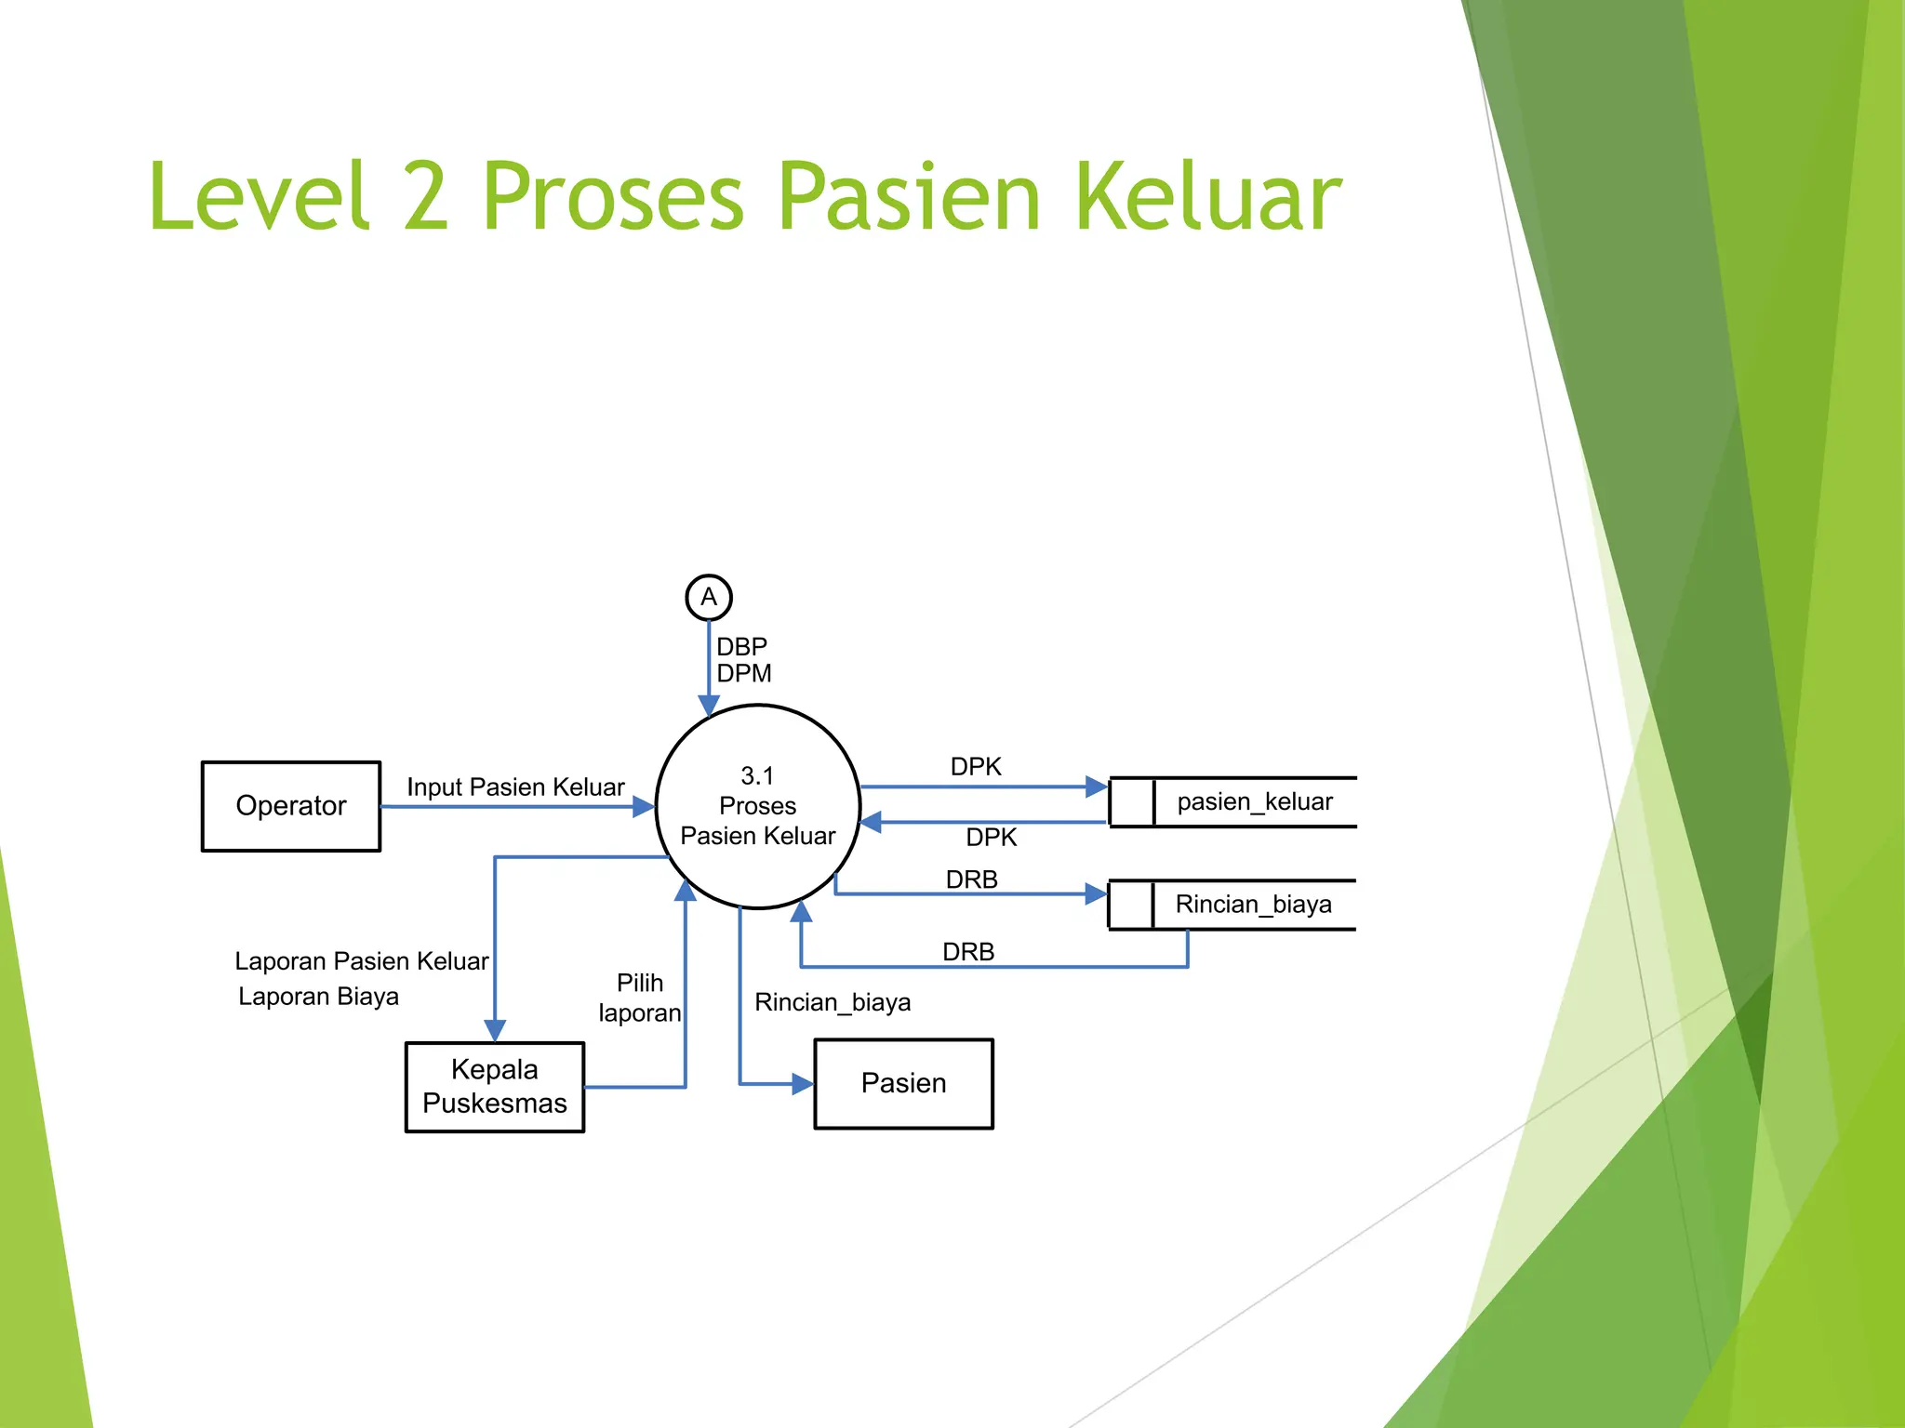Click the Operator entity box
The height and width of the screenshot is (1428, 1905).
(290, 806)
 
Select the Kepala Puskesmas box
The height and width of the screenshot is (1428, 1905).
(494, 1087)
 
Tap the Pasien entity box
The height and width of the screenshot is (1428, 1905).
(903, 1084)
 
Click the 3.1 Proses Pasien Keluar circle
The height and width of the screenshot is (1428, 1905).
(757, 806)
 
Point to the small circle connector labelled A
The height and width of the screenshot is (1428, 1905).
(709, 597)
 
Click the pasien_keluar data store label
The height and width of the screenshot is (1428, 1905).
(1254, 801)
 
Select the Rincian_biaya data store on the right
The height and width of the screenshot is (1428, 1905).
(1252, 905)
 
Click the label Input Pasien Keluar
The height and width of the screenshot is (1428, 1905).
(515, 787)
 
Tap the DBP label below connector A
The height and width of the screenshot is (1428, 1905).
(741, 646)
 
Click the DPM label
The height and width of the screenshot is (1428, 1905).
(744, 673)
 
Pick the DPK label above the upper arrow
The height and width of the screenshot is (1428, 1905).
(976, 767)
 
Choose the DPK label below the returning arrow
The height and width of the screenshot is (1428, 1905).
(991, 838)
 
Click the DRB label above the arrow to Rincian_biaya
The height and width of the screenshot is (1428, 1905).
(971, 879)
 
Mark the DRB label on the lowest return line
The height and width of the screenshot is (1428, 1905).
(968, 952)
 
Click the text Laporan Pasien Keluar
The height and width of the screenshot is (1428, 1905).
(361, 961)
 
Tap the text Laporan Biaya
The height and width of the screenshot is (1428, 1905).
(318, 997)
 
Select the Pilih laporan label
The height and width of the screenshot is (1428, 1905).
(640, 998)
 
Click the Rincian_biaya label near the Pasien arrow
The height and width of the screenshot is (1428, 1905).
(833, 1002)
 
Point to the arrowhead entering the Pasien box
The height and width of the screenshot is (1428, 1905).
(803, 1084)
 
